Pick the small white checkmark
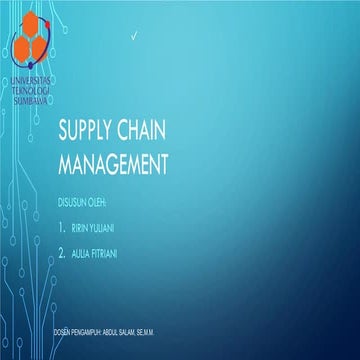tap(134, 37)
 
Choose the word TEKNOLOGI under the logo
tap(33, 86)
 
